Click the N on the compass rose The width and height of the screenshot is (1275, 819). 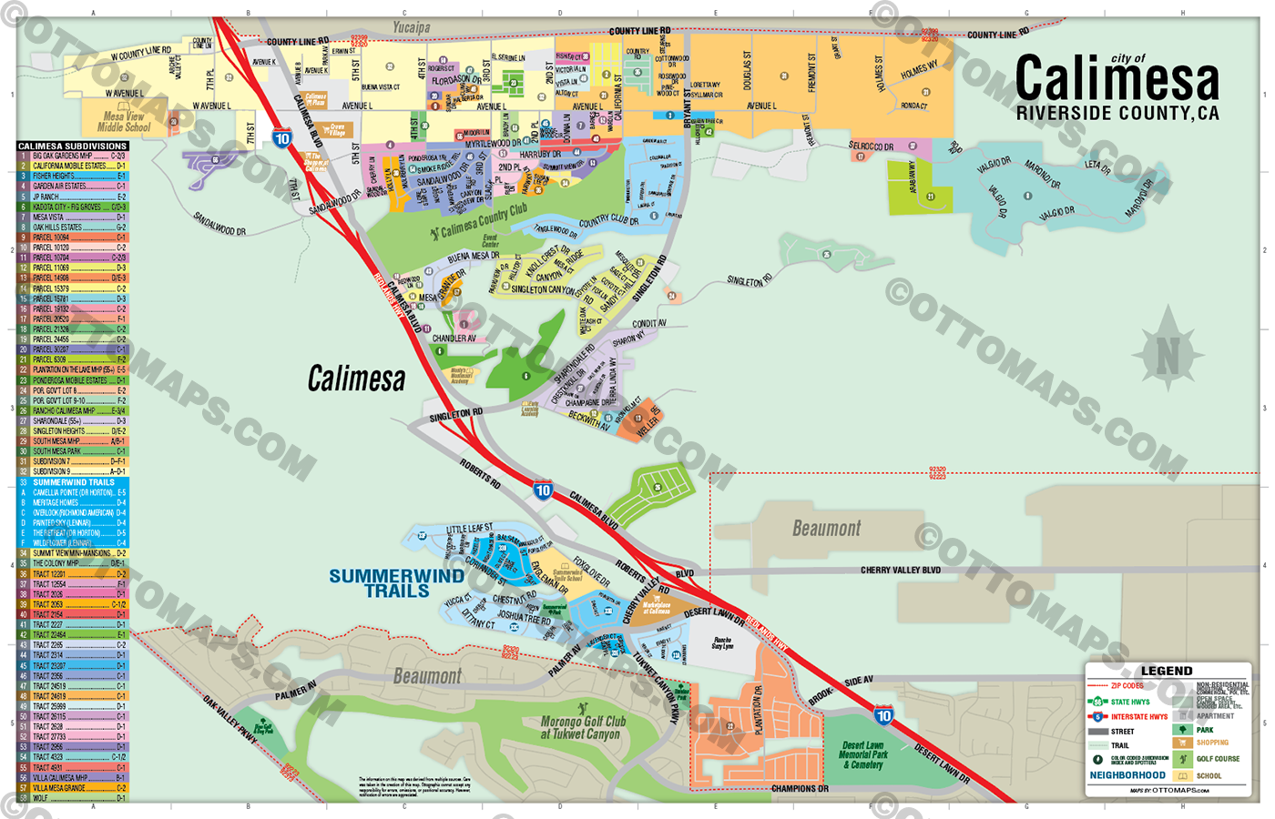point(1167,355)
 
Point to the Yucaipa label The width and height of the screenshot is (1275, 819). point(412,27)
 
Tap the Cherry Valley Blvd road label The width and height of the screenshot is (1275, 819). point(900,571)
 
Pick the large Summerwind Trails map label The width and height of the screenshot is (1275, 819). point(396,583)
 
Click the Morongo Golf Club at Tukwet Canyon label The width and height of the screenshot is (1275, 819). point(583,727)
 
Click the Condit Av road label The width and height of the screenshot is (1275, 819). point(649,323)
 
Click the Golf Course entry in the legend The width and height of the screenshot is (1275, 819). point(1218,759)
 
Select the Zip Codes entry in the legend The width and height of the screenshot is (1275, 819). point(1127,686)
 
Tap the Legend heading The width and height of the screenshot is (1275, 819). point(1167,671)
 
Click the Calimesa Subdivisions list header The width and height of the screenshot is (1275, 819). point(72,146)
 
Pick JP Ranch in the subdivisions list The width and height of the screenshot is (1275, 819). point(46,197)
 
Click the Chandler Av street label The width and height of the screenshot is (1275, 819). point(454,339)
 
